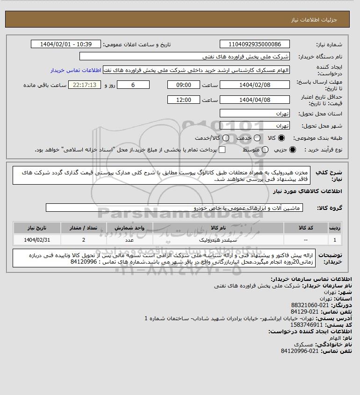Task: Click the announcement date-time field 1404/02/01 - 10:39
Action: point(65,44)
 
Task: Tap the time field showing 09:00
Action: point(183,85)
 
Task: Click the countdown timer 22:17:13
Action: point(85,85)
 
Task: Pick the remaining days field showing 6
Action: point(133,85)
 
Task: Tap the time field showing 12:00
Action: point(183,100)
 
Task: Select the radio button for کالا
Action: point(281,138)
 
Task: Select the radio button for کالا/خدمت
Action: point(226,138)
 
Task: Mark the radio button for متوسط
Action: point(265,150)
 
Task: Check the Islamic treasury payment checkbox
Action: point(222,150)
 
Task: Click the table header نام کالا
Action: point(218,227)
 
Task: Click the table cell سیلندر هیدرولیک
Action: point(218,240)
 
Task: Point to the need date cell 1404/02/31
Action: point(37,240)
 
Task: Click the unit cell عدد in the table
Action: point(130,240)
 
